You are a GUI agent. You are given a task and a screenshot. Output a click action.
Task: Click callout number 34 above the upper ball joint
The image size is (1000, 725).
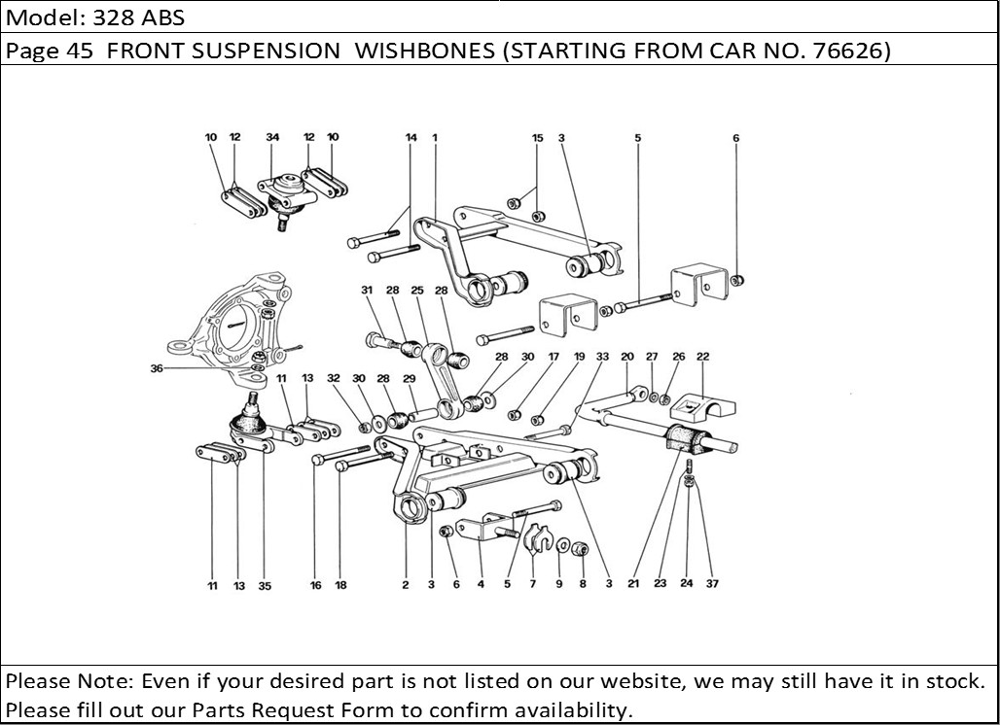tap(272, 138)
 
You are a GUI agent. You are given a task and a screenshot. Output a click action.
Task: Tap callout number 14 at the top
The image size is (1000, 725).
tap(411, 138)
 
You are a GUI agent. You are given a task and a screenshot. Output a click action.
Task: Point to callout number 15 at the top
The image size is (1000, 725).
tap(537, 138)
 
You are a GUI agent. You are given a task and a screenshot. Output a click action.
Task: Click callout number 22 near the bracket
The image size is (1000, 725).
tap(702, 357)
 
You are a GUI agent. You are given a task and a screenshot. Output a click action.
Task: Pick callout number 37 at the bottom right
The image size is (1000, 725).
tap(712, 585)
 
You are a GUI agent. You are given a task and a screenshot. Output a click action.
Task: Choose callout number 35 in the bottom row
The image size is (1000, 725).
tap(265, 586)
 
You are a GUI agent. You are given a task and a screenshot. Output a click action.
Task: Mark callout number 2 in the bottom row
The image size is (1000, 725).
tap(405, 585)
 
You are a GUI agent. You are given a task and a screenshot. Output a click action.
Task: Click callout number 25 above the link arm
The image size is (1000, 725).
tap(416, 291)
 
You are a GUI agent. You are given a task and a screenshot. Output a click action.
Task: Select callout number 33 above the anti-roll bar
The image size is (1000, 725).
tap(602, 357)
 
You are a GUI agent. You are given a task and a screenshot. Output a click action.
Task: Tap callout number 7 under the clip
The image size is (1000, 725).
tap(533, 585)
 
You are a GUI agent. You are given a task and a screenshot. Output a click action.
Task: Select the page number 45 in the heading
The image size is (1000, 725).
tap(82, 52)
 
